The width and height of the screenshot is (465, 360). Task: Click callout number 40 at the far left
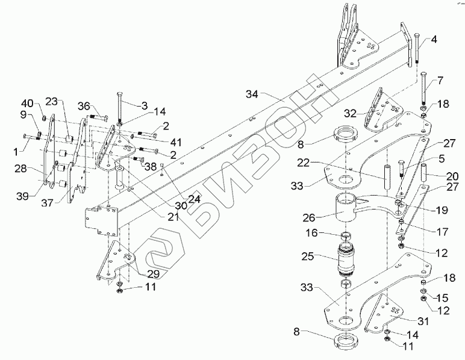click(x=27, y=101)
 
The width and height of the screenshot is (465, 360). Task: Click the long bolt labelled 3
click(x=120, y=108)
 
